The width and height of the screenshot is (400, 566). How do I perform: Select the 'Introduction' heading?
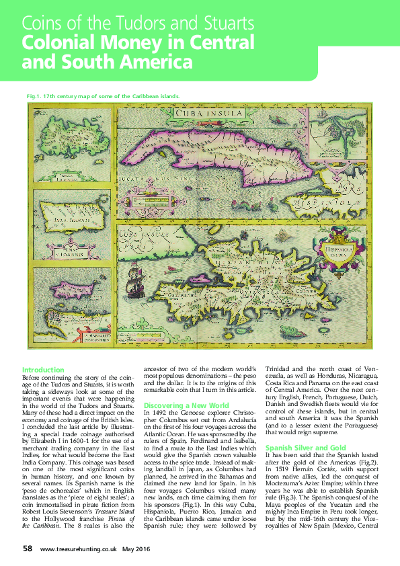coord(43,370)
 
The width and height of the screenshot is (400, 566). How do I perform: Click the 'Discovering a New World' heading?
coord(186,405)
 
